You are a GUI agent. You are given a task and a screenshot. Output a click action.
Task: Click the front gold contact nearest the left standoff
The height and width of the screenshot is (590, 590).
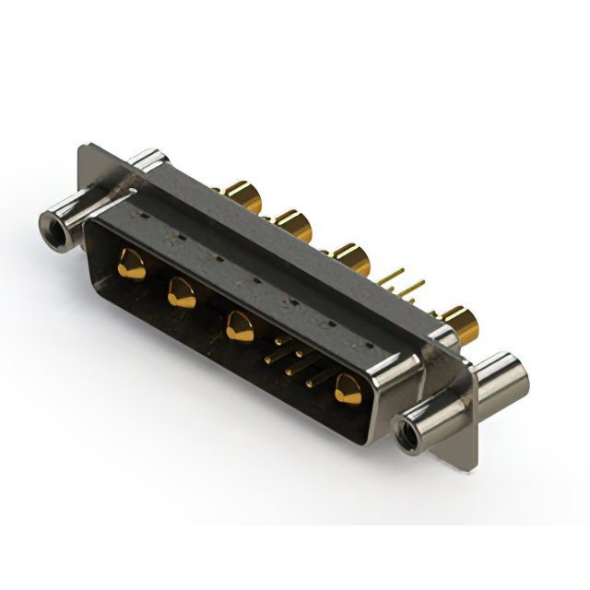coord(132,266)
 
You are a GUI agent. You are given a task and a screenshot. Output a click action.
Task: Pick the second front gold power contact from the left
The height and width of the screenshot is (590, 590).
coord(181,293)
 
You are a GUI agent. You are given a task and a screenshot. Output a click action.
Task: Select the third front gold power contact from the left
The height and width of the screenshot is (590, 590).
coord(240,326)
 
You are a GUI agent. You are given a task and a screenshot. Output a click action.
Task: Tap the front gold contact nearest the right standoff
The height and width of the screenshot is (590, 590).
coord(348,387)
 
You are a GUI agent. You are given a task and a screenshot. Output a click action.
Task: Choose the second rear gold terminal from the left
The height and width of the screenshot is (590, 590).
coord(291,224)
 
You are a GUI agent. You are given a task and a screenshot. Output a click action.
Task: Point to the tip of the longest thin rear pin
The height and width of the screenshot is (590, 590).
coord(403,271)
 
